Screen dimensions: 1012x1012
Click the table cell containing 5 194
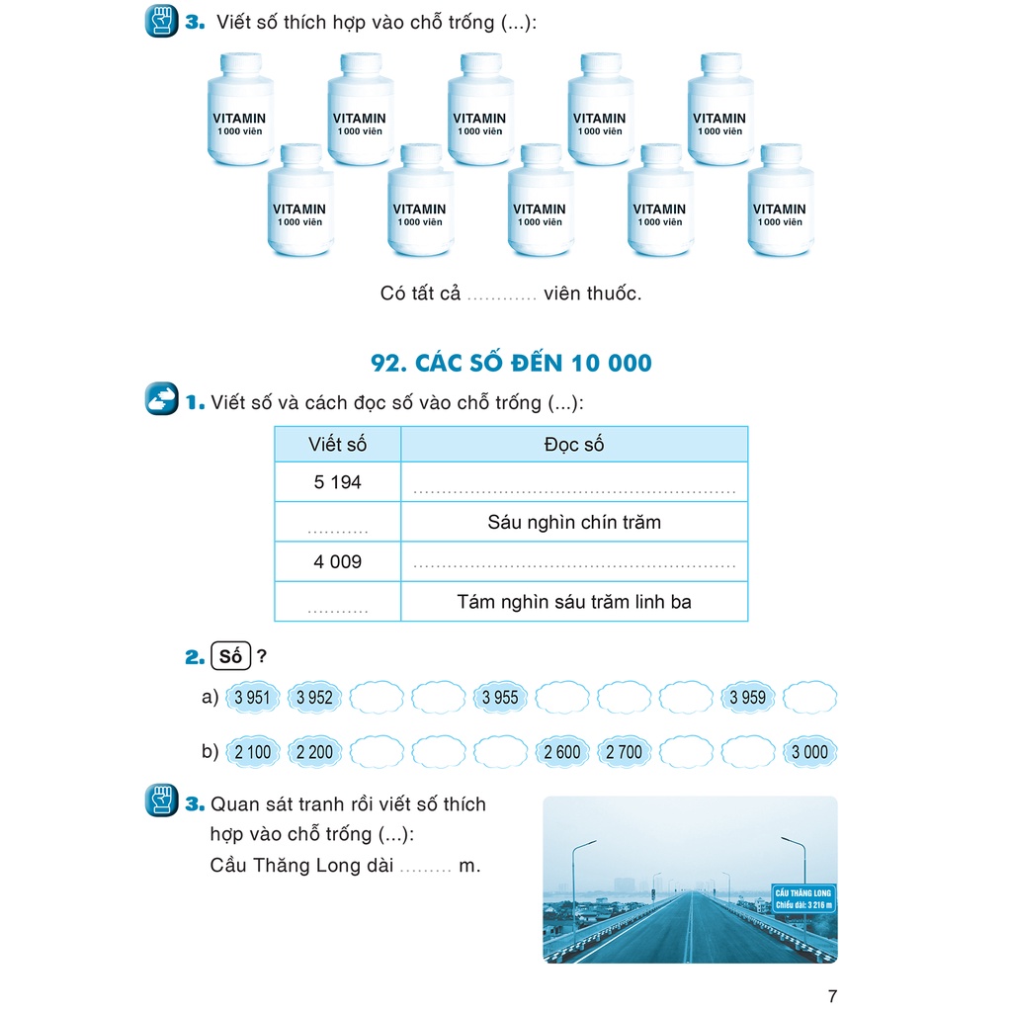click(338, 482)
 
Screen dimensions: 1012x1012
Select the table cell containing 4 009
click(338, 561)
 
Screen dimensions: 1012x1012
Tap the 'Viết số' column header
click(338, 445)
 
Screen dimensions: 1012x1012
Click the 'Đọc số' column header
click(574, 445)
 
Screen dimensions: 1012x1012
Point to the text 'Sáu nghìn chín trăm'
click(574, 522)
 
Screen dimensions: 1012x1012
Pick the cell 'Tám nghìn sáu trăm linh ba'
click(574, 601)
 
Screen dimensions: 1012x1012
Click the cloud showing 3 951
click(253, 697)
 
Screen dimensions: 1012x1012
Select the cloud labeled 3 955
click(500, 697)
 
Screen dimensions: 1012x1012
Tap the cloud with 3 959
click(747, 697)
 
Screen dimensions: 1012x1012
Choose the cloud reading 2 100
click(253, 752)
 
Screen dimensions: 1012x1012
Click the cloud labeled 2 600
click(562, 752)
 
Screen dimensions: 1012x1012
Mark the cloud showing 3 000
click(809, 752)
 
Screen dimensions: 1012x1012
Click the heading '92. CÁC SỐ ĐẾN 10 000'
click(511, 363)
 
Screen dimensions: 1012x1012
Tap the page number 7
click(831, 995)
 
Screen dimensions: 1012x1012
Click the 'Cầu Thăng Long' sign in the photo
click(803, 899)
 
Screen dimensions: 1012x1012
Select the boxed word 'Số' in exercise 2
click(231, 655)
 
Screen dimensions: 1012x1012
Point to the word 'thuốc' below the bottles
click(613, 294)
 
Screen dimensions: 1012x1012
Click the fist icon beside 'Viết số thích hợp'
click(161, 21)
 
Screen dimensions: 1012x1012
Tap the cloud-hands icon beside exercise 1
click(161, 399)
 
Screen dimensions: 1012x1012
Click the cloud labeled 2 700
click(624, 752)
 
